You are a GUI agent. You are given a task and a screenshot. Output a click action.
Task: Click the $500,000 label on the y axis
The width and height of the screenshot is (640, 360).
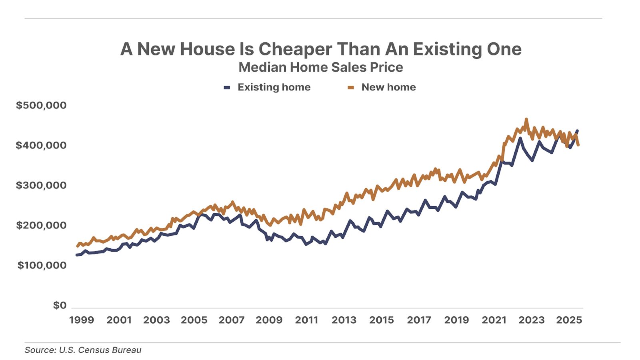[x=41, y=105]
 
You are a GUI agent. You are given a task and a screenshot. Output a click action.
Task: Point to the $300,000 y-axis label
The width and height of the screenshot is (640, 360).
[x=41, y=185]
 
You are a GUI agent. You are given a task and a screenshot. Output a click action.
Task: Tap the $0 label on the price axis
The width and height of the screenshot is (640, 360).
[x=60, y=305]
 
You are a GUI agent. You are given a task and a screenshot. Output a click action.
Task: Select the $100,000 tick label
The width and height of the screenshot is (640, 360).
[x=42, y=265]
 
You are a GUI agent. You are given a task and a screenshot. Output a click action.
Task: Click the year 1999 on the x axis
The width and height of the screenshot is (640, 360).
[x=82, y=320]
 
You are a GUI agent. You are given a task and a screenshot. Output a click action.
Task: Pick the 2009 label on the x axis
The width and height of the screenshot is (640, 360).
[x=269, y=320]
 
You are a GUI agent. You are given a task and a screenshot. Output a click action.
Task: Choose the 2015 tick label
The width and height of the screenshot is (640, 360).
[x=382, y=320]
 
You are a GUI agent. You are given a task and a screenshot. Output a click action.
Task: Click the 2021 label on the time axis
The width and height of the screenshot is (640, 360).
[x=494, y=320]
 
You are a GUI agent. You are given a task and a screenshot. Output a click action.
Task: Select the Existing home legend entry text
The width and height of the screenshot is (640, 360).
[x=274, y=87]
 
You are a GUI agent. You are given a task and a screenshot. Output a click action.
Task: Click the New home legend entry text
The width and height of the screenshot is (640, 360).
[x=388, y=87]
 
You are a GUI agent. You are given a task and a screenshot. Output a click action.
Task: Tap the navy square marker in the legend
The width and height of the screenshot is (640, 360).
[x=227, y=88]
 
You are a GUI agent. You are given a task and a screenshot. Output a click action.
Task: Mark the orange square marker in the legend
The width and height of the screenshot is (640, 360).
[x=351, y=88]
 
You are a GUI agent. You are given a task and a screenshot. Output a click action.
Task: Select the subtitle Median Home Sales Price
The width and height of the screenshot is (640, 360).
[x=321, y=67]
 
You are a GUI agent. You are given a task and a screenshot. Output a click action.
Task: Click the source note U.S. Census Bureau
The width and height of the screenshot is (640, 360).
[x=83, y=350]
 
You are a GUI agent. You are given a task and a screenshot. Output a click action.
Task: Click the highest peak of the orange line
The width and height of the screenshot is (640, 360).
[x=526, y=119]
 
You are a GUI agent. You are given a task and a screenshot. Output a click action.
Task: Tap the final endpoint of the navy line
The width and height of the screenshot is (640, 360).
[x=577, y=131]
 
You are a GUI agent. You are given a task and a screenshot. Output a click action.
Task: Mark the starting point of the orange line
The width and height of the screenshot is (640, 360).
[x=77, y=246]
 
